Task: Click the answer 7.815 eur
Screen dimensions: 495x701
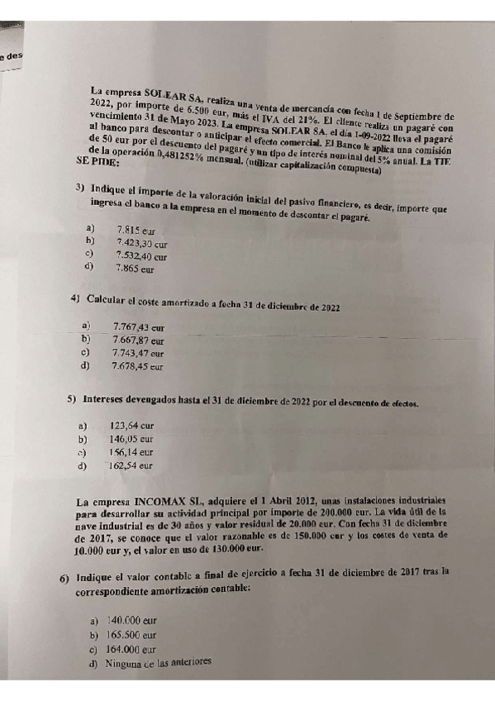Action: (136, 231)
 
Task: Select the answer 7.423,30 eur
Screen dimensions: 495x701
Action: (141, 244)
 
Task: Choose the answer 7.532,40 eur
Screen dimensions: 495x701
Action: (141, 256)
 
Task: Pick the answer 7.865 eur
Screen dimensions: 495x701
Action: (135, 269)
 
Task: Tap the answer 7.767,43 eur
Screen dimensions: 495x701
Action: (137, 327)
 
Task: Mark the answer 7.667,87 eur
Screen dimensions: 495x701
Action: (138, 340)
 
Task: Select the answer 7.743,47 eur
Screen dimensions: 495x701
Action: (138, 353)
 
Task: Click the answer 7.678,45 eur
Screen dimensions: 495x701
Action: (138, 365)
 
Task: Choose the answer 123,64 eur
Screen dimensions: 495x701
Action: (131, 427)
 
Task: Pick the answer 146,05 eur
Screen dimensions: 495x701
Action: (131, 439)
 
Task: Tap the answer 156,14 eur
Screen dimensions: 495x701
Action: (131, 452)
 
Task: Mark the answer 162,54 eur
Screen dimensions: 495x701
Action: (131, 465)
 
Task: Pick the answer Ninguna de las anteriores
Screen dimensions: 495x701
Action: (153, 662)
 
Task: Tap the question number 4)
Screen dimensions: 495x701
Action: (75, 298)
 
